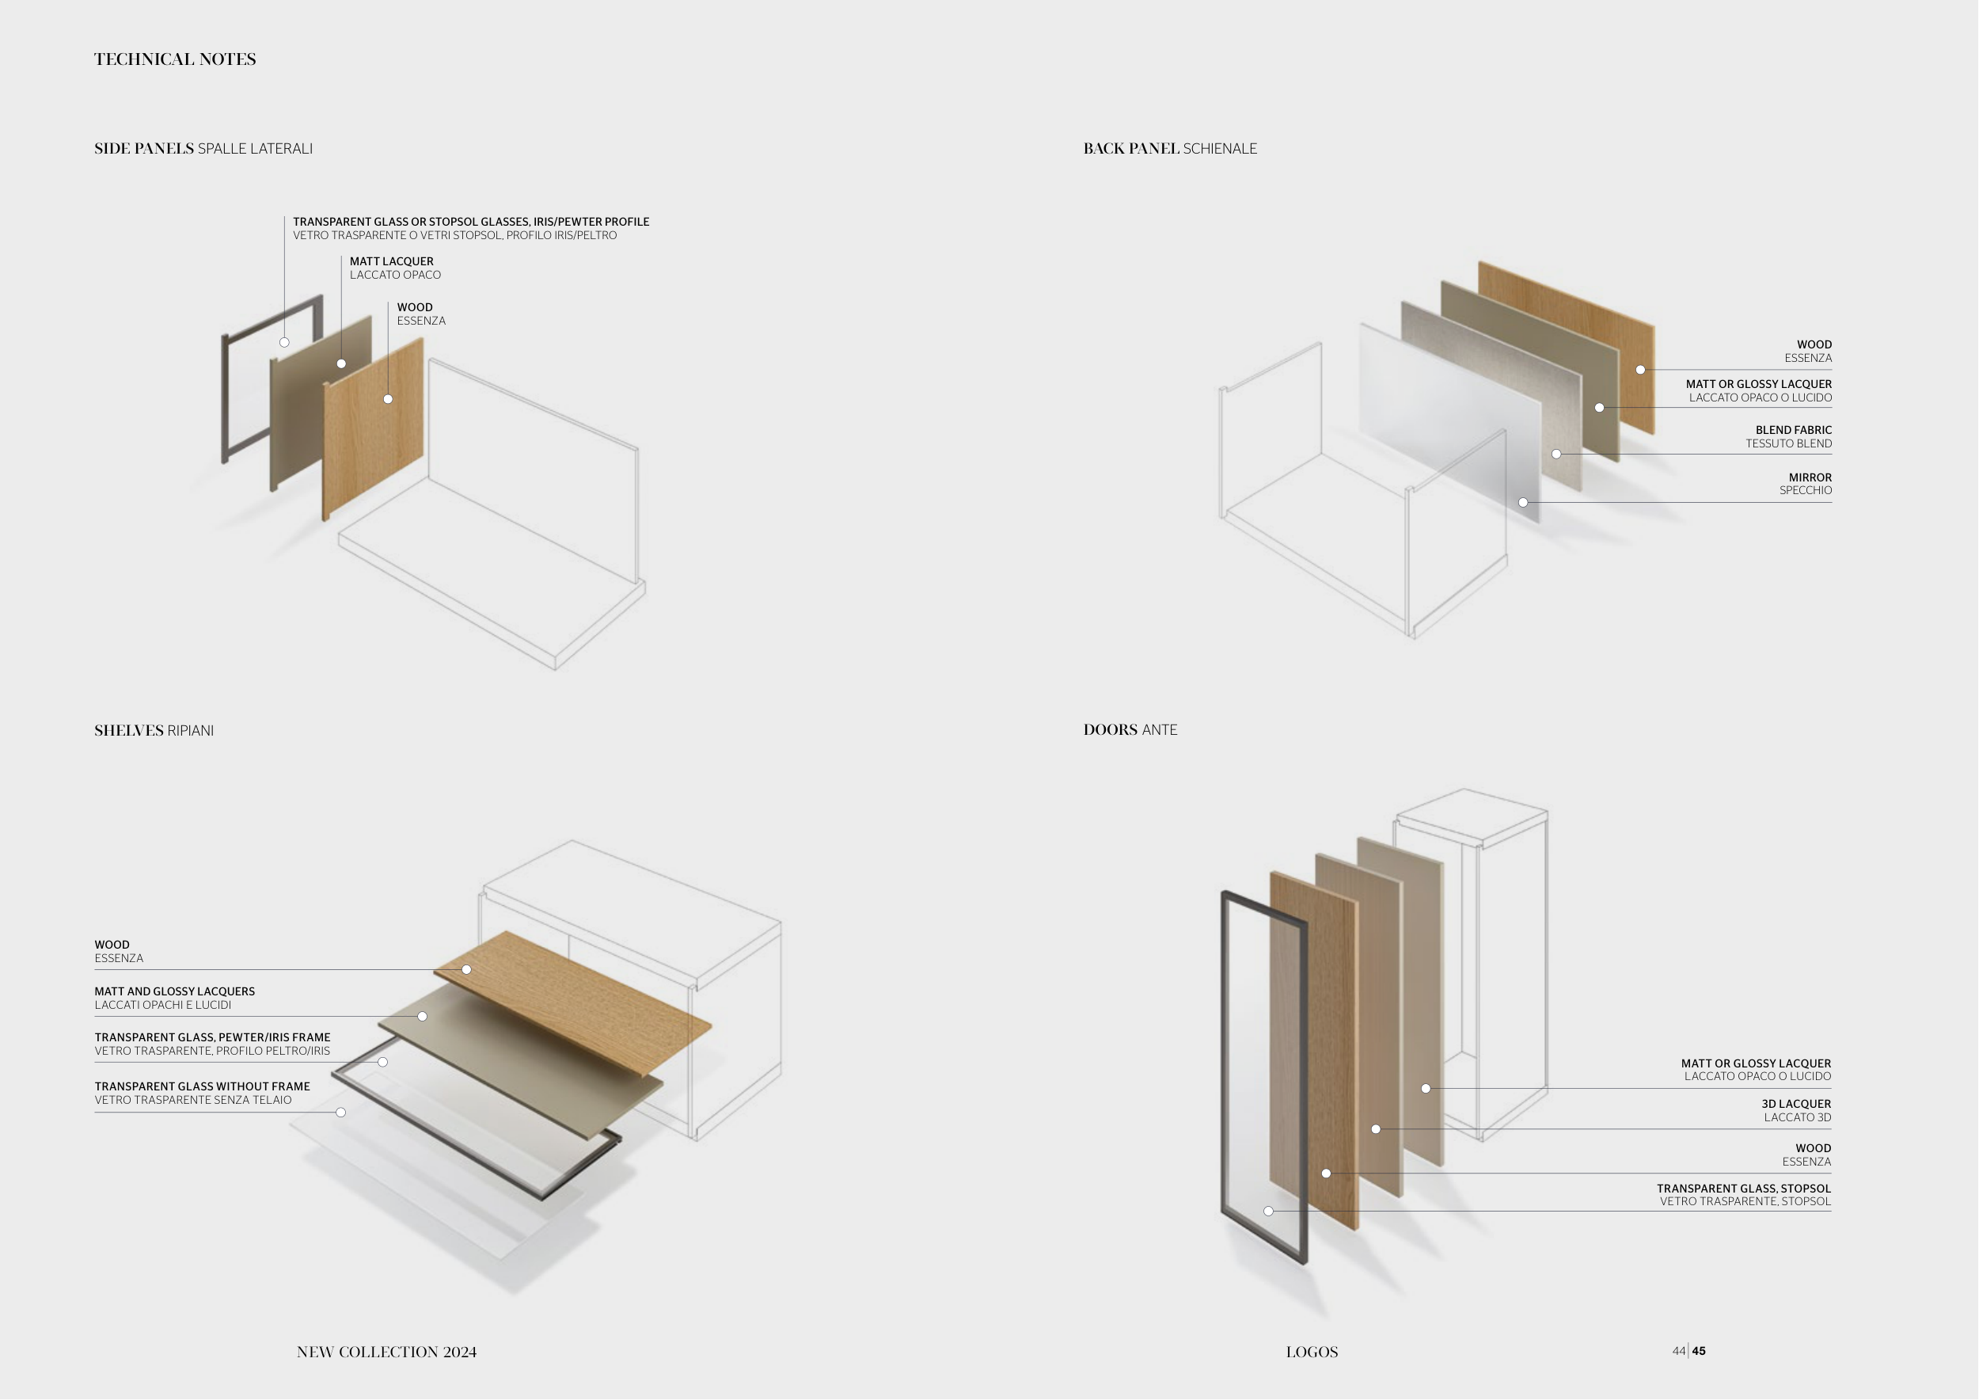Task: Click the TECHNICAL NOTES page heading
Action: pyautogui.click(x=175, y=59)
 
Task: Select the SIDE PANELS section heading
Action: pyautogui.click(x=144, y=148)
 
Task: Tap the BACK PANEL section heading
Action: pyautogui.click(x=1131, y=148)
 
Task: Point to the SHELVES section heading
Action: pyautogui.click(x=128, y=730)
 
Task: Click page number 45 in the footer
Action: pyautogui.click(x=1699, y=1351)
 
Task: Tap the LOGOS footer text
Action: pyautogui.click(x=1312, y=1352)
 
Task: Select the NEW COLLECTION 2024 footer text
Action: pyautogui.click(x=386, y=1352)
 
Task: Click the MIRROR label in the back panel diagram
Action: pyautogui.click(x=1810, y=477)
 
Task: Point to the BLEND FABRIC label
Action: pyautogui.click(x=1794, y=430)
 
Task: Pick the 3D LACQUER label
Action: pyautogui.click(x=1796, y=1103)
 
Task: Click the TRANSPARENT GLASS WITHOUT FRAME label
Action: pyautogui.click(x=203, y=1086)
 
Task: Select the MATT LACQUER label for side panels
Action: pyautogui.click(x=391, y=261)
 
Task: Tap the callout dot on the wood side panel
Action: pyautogui.click(x=388, y=399)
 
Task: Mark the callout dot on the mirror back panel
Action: pyautogui.click(x=1523, y=503)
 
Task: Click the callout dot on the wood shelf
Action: pyautogui.click(x=466, y=970)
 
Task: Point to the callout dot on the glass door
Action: pyautogui.click(x=1268, y=1212)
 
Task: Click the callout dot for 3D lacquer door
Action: pyautogui.click(x=1376, y=1129)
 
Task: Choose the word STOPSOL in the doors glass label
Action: pyautogui.click(x=1806, y=1188)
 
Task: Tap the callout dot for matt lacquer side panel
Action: pyautogui.click(x=341, y=363)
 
